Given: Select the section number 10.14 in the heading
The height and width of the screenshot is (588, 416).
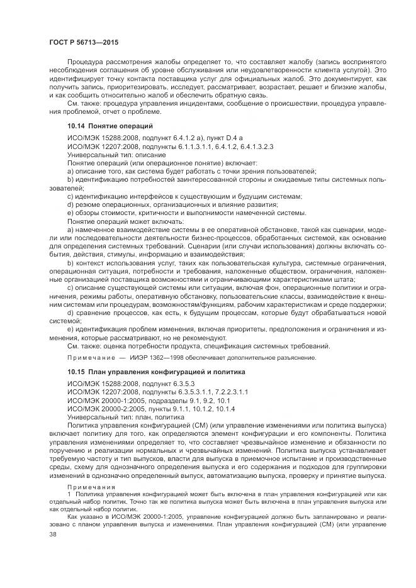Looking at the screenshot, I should click(x=77, y=126).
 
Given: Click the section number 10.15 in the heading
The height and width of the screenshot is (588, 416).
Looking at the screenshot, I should click(x=77, y=372).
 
